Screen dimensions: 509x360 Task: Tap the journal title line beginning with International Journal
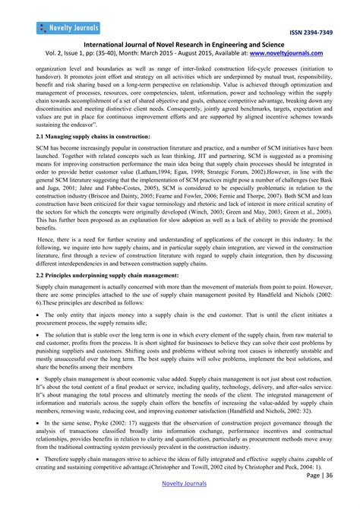coord(179,45)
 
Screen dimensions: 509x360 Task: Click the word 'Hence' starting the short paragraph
coord(47,239)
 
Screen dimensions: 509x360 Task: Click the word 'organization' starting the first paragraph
coord(52,67)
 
